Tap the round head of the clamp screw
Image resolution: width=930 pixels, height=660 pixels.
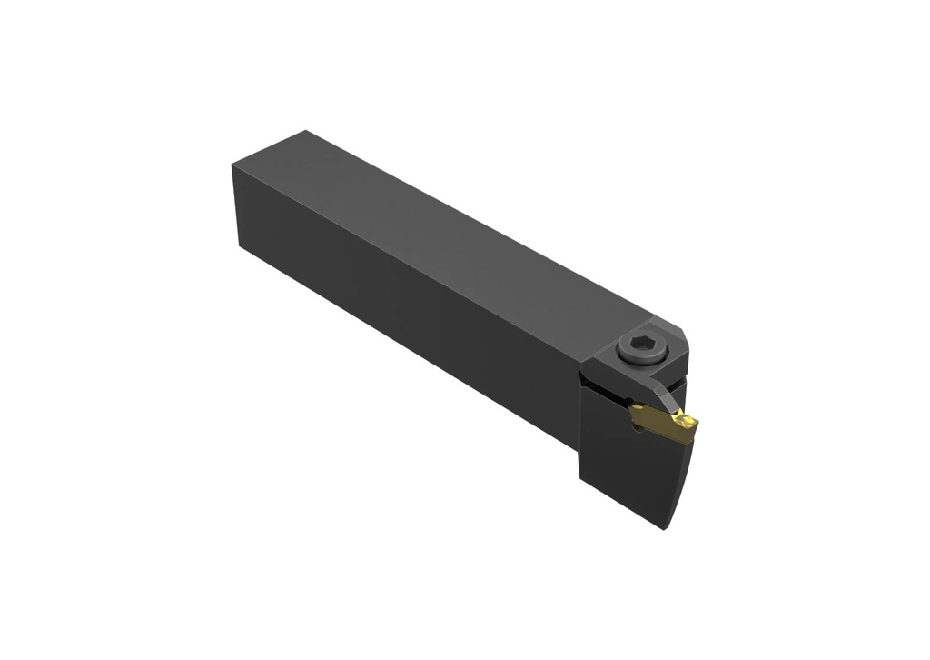tap(639, 351)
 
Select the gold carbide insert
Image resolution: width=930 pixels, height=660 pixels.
tap(664, 423)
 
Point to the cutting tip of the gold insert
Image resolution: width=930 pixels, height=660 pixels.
tap(694, 422)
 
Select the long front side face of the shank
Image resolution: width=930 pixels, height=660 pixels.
tap(409, 300)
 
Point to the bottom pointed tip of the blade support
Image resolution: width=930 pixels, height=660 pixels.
tap(666, 528)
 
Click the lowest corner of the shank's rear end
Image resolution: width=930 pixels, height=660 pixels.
tap(242, 246)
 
